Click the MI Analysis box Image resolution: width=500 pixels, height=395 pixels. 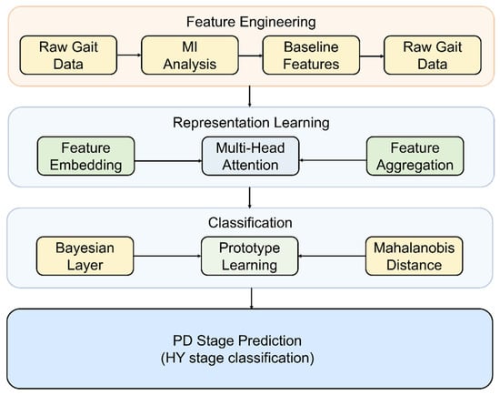point(190,56)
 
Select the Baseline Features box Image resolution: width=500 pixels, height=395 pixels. point(311,56)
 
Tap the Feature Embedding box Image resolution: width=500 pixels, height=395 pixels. point(85,157)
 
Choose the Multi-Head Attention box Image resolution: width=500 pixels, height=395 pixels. point(250,157)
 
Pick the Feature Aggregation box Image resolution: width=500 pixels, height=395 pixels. point(415,157)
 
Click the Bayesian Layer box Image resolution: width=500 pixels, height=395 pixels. point(85,256)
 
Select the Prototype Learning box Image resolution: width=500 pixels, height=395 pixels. point(249,256)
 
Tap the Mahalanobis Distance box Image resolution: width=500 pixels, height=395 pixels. point(414,256)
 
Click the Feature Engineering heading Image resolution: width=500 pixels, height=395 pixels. point(251,22)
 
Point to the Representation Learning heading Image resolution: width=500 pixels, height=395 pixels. point(251,123)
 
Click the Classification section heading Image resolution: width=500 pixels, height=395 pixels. point(250,223)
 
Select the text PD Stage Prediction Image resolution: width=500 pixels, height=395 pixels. point(237,340)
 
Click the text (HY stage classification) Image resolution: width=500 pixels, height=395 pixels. point(237,358)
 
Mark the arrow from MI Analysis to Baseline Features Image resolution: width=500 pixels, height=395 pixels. point(250,56)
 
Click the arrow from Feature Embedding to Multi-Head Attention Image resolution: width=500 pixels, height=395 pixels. point(168,160)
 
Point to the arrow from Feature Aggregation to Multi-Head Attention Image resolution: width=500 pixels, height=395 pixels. point(333,160)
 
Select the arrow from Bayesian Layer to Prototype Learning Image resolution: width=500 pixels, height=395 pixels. point(167,256)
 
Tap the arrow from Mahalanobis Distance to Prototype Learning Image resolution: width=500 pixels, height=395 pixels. point(332,256)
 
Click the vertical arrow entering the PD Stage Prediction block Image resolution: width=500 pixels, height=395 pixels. point(252,299)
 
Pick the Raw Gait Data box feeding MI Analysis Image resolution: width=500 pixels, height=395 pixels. point(68,56)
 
